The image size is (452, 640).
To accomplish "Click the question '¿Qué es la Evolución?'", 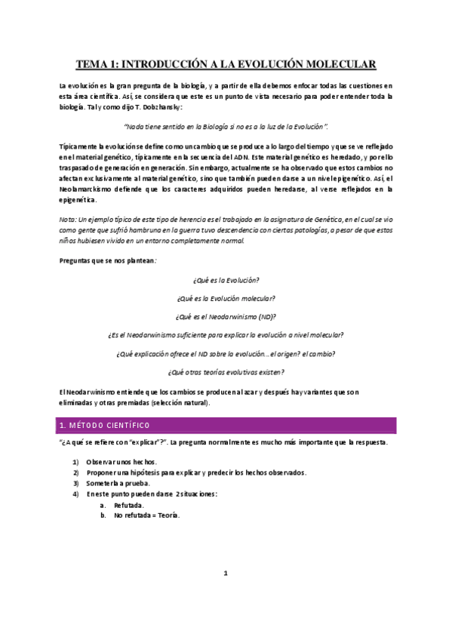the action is (226, 279).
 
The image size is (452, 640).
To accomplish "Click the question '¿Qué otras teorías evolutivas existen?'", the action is (226, 371).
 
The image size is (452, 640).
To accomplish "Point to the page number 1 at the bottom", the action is (226, 574).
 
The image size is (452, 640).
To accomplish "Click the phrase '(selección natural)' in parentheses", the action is (173, 402).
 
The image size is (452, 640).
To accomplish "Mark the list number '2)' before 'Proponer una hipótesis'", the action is (75, 472).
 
